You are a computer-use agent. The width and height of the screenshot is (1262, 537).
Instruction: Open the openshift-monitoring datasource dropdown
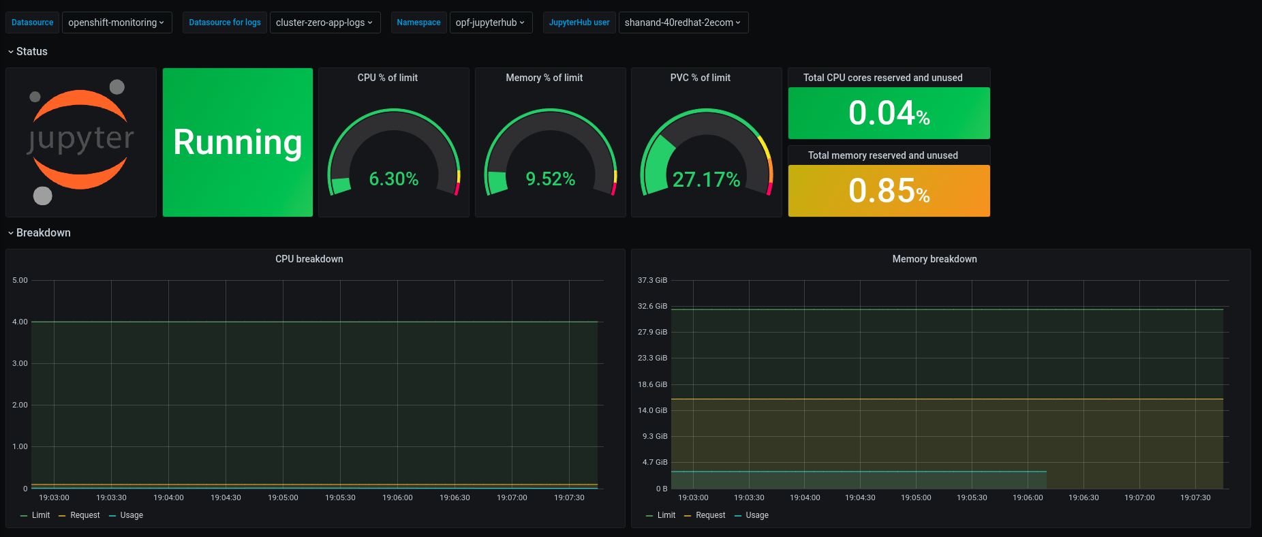[117, 22]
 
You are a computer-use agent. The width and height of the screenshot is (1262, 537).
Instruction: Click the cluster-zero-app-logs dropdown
[324, 22]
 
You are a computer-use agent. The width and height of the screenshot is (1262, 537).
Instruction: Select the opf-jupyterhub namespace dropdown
[490, 22]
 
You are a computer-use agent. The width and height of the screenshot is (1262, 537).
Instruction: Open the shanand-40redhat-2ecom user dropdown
[683, 22]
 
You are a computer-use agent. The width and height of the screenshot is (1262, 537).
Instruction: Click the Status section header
[31, 52]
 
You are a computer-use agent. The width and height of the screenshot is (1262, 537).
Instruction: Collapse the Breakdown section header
[43, 233]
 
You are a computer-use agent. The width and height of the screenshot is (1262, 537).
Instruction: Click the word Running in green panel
[237, 142]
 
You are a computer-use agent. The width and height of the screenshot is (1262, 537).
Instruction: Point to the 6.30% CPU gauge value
[393, 179]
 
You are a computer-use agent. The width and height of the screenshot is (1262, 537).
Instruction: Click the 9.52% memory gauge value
[550, 179]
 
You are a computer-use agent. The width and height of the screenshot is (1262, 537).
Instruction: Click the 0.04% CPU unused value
[889, 114]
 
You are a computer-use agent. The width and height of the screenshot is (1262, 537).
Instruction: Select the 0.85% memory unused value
[889, 191]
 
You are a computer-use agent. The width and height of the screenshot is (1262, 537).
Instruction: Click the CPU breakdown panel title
[309, 259]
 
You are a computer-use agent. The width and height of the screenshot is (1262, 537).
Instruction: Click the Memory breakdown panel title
[934, 259]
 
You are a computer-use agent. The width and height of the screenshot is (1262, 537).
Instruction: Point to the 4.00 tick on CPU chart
[20, 322]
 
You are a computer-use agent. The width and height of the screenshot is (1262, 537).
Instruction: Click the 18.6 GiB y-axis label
[652, 384]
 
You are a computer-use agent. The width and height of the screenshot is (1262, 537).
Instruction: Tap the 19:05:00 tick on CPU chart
[283, 497]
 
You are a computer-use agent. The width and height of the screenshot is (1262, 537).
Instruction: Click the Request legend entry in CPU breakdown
[84, 515]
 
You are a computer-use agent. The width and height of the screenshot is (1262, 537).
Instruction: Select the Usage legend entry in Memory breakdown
[756, 515]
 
